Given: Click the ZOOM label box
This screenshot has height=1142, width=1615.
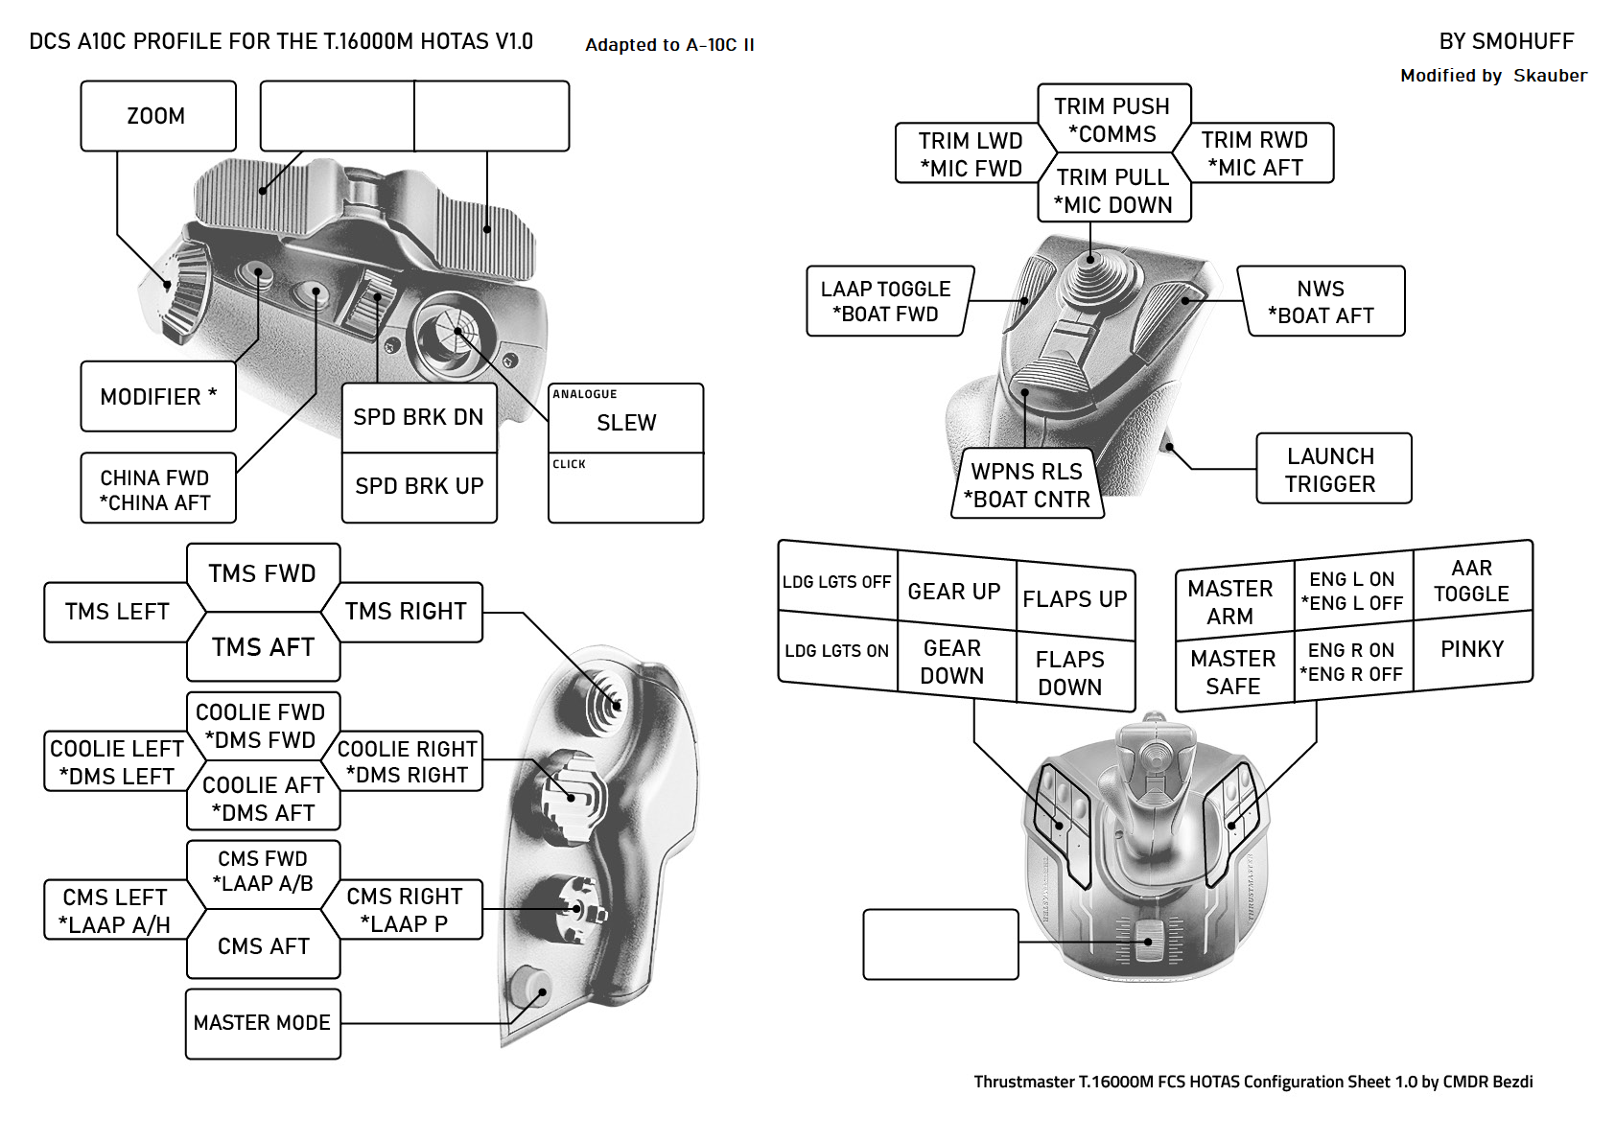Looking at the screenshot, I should pos(157,116).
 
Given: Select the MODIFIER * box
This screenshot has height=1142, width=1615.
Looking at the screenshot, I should pos(158,396).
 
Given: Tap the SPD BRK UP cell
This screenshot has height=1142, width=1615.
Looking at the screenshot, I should pos(419,486).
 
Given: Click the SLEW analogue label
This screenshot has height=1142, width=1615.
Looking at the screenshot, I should pos(626,422).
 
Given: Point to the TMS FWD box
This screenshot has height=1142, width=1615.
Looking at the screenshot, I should pos(263,573).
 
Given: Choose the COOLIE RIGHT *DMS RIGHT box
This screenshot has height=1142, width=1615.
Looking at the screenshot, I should pos(408,761).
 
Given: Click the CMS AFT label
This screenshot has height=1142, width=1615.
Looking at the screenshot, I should pos(264,946).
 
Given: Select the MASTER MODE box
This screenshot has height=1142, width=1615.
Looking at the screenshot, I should pos(263,1023).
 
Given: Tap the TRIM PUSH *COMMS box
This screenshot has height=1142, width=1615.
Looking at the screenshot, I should pos(1112,119).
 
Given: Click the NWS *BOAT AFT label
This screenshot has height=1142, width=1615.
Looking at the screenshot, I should pos(1322,302).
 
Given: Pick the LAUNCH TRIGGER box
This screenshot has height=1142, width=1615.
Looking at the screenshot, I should pos(1332,469).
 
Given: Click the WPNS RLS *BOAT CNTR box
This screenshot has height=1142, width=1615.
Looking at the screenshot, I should pos(1027,485).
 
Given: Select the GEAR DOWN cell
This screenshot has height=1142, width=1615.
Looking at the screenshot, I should pos(952,662).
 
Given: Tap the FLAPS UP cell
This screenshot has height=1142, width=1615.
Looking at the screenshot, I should pos(1075,599).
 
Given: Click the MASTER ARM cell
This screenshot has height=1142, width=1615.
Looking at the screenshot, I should pos(1231,601).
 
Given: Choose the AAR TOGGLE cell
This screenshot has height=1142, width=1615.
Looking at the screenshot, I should pos(1472,580).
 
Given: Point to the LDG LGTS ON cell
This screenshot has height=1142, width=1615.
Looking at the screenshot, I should pos(836,651).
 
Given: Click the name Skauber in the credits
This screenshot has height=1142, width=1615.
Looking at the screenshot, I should pos(1550,76).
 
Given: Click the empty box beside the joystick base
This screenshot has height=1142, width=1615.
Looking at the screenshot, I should pos(940,944).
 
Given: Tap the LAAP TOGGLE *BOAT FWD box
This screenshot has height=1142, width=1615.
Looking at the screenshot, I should pos(887,301).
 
